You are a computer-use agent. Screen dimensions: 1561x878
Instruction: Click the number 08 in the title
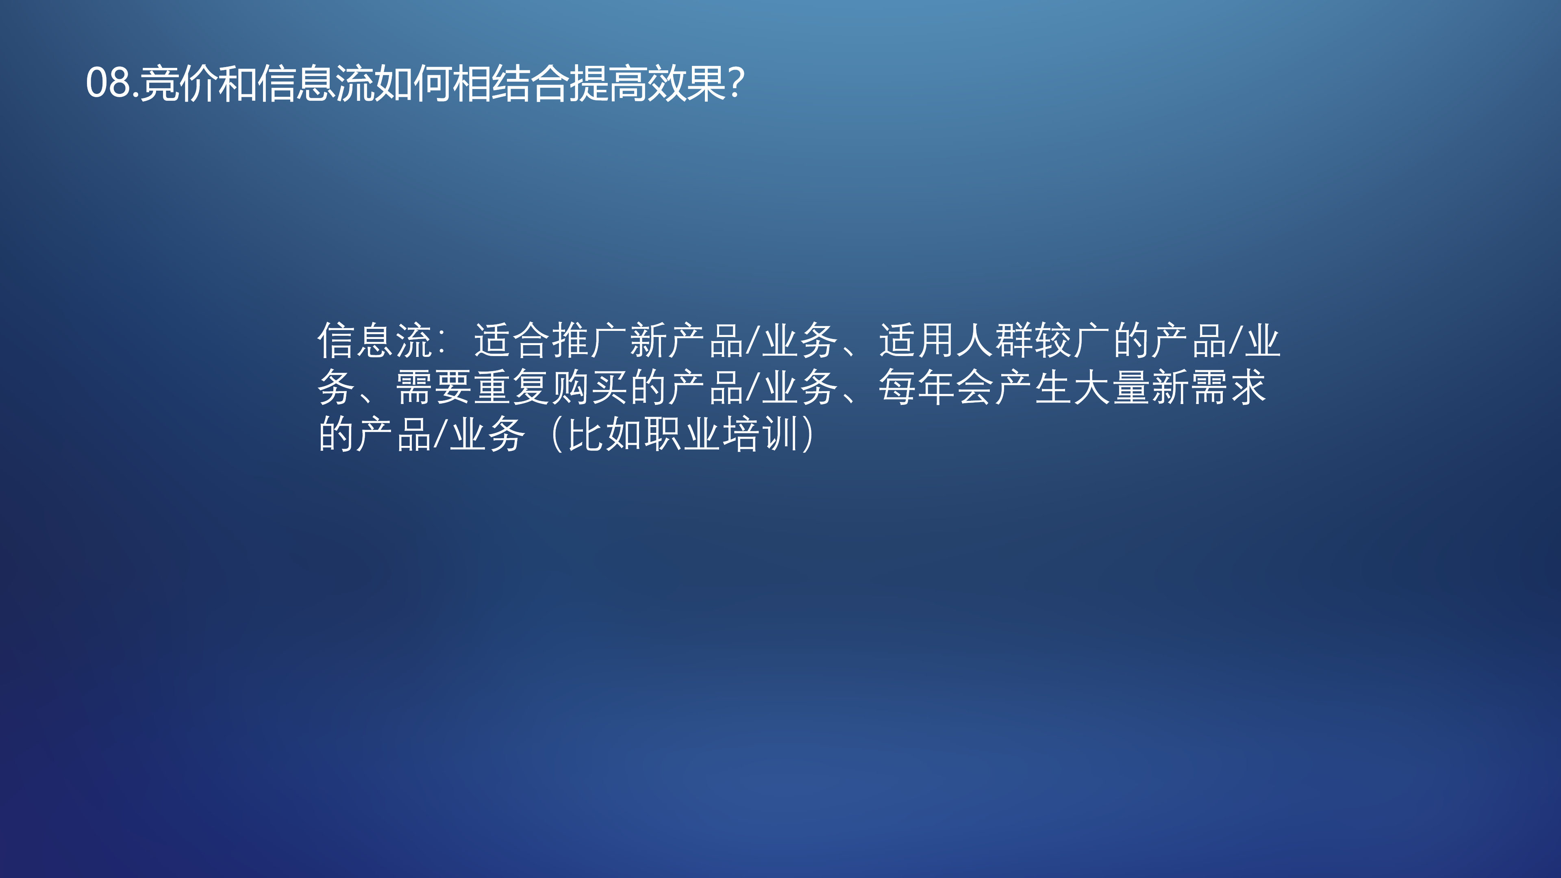click(x=109, y=83)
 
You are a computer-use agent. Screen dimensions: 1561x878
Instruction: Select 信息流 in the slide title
click(x=315, y=83)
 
